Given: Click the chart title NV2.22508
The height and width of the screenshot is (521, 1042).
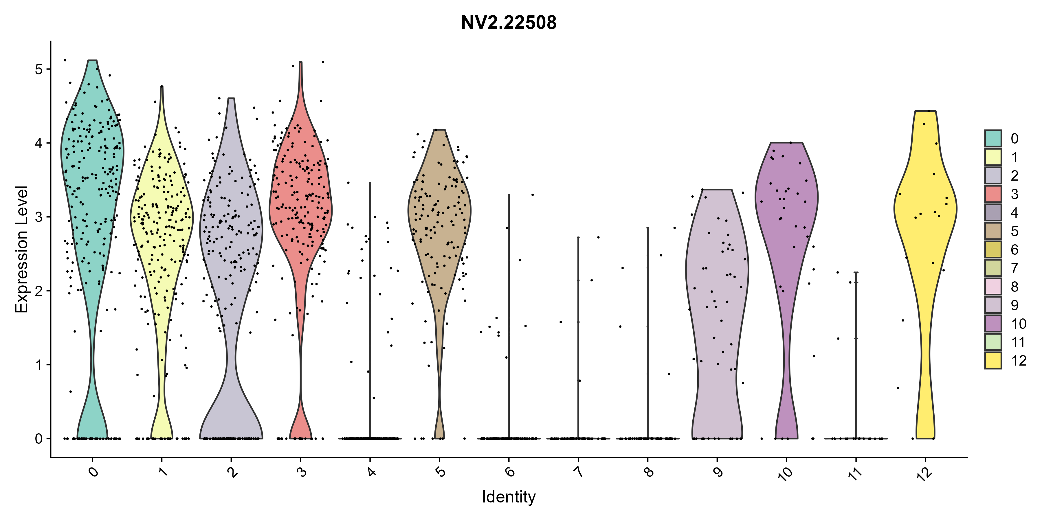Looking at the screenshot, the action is (x=509, y=23).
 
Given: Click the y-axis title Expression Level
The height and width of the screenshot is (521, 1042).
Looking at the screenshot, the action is (x=21, y=249).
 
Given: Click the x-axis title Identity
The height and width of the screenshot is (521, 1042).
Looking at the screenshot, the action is (x=509, y=497).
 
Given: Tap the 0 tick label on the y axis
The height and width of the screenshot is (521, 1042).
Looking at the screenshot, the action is (x=39, y=439).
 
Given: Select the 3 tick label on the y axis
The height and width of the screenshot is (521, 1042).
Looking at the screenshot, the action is (x=39, y=217).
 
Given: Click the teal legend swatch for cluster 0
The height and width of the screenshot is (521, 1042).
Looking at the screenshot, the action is (x=993, y=138).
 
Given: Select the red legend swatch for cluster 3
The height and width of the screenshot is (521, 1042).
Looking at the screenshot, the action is (x=993, y=194).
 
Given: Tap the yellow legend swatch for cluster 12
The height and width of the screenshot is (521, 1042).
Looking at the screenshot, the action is (x=993, y=360).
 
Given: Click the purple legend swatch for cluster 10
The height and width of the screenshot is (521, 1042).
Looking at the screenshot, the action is (x=993, y=323).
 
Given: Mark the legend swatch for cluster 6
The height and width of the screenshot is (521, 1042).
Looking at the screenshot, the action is (x=993, y=249).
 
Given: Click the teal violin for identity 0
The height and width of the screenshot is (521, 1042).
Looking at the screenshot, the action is (x=92, y=162).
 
